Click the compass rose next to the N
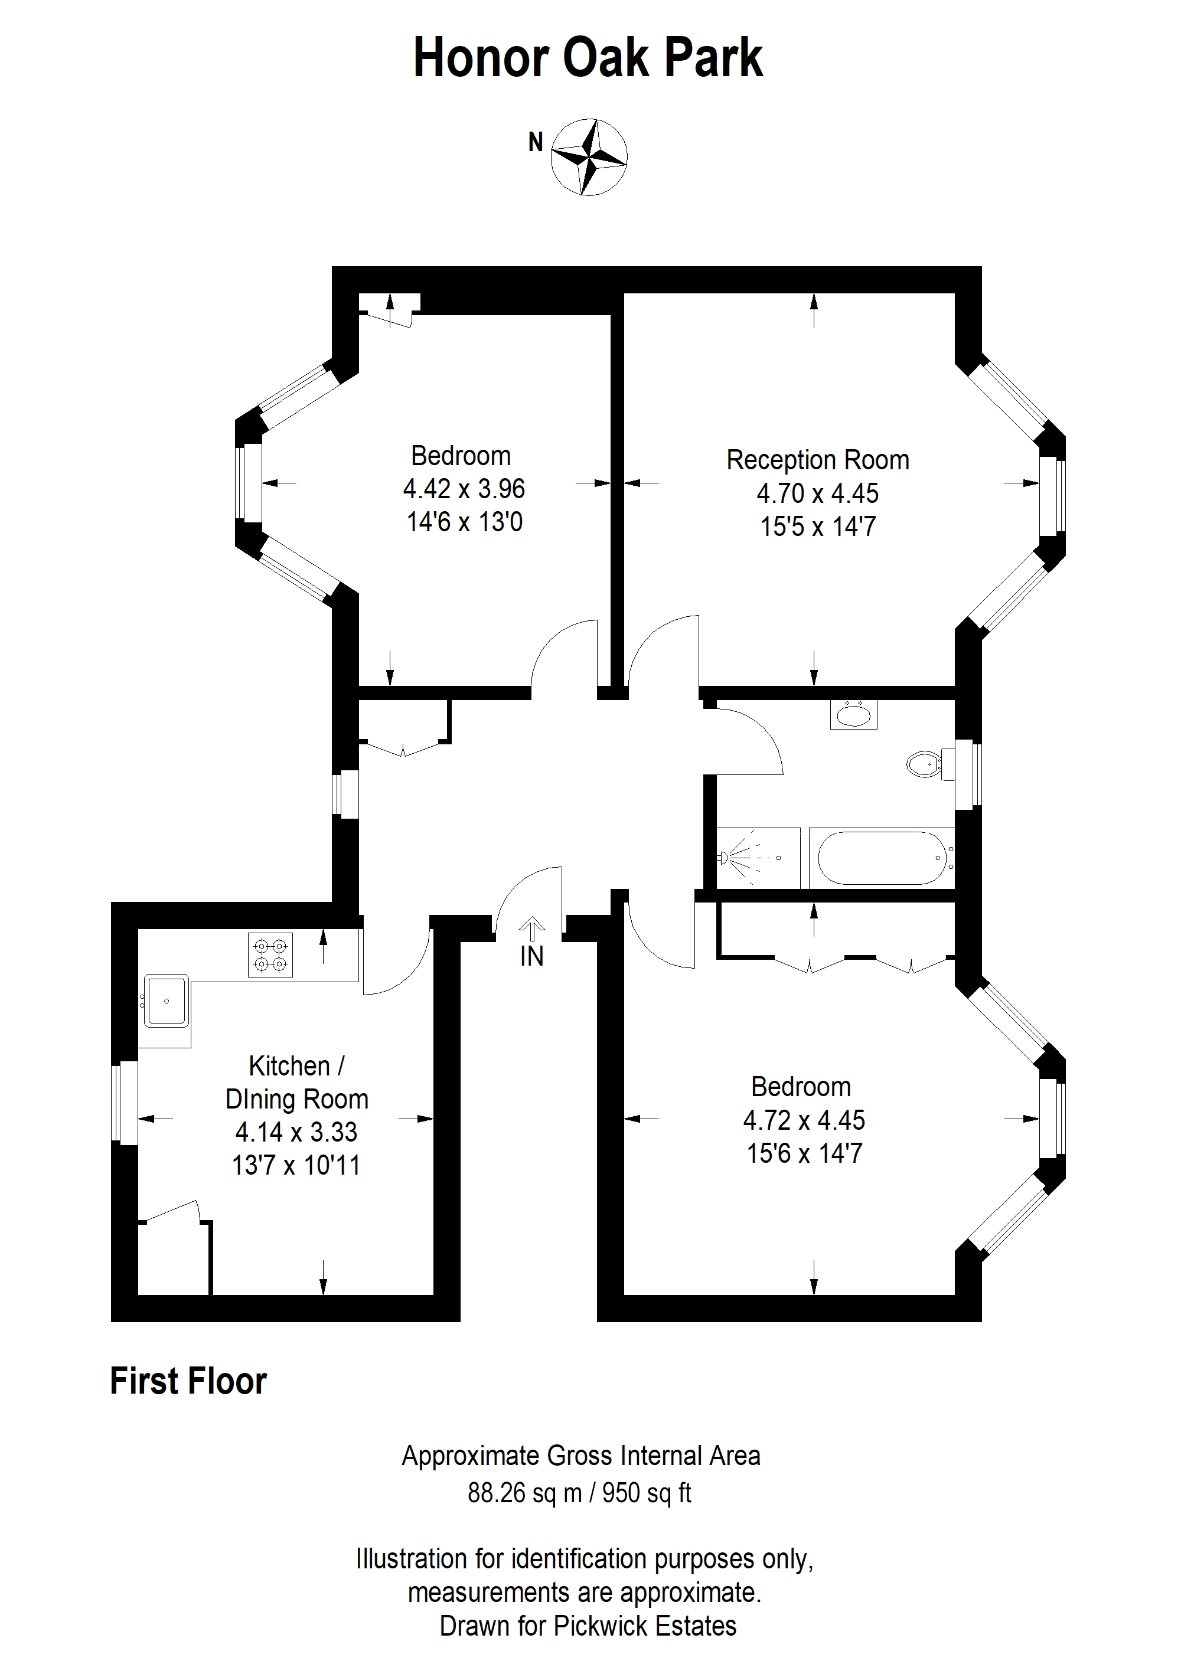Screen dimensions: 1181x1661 [x=589, y=156]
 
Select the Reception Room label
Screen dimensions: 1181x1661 [x=817, y=460]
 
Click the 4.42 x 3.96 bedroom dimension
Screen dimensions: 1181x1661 [x=464, y=489]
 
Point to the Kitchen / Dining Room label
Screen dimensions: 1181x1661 [x=296, y=1083]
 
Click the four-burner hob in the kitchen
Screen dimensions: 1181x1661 [x=270, y=954]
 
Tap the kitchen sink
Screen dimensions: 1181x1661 [x=167, y=1000]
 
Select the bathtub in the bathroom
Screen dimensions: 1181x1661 [x=882, y=858]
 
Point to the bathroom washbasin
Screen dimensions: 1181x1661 [x=854, y=715]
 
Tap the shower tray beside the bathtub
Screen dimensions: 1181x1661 [x=758, y=858]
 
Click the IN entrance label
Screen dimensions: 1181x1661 [x=532, y=956]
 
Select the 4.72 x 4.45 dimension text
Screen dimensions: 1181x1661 [x=804, y=1120]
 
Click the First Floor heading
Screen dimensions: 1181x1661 [x=188, y=1381]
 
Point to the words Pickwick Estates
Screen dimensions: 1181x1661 [x=645, y=1626]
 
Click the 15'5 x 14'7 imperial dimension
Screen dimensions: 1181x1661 [x=818, y=527]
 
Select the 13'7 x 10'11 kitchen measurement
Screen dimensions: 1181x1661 [x=296, y=1165]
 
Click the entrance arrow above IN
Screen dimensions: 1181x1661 [x=532, y=929]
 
